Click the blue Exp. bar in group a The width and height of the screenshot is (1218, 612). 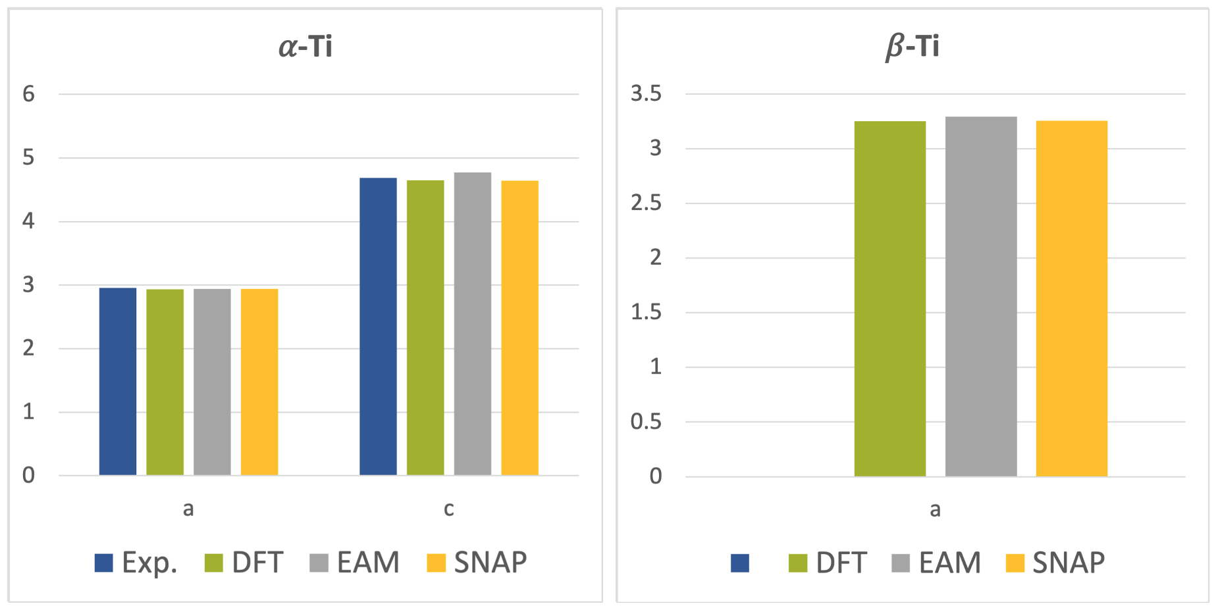pyautogui.click(x=118, y=382)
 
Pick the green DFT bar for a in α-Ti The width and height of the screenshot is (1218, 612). pyautogui.click(x=165, y=382)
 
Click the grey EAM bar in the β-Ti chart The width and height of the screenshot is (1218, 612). pyautogui.click(x=981, y=296)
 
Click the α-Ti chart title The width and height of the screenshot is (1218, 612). pyautogui.click(x=305, y=47)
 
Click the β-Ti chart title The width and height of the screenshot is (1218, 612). pyautogui.click(x=913, y=47)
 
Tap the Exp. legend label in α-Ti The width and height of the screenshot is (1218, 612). pyautogui.click(x=149, y=563)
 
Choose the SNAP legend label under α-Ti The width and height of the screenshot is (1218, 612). pyautogui.click(x=490, y=563)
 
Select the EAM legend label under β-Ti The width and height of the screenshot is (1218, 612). pyautogui.click(x=949, y=563)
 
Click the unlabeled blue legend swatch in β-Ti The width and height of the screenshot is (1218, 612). pyautogui.click(x=740, y=563)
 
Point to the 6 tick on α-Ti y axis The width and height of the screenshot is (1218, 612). pyautogui.click(x=28, y=94)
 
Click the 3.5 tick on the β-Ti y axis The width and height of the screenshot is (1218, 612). pyautogui.click(x=646, y=93)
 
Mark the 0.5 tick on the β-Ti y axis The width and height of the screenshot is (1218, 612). pyautogui.click(x=646, y=422)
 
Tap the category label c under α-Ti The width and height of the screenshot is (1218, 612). pyautogui.click(x=448, y=509)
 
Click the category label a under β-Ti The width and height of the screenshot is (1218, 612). pyautogui.click(x=935, y=509)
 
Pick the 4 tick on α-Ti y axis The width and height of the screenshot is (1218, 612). pyautogui.click(x=28, y=221)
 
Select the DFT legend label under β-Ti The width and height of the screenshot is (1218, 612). pyautogui.click(x=841, y=563)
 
